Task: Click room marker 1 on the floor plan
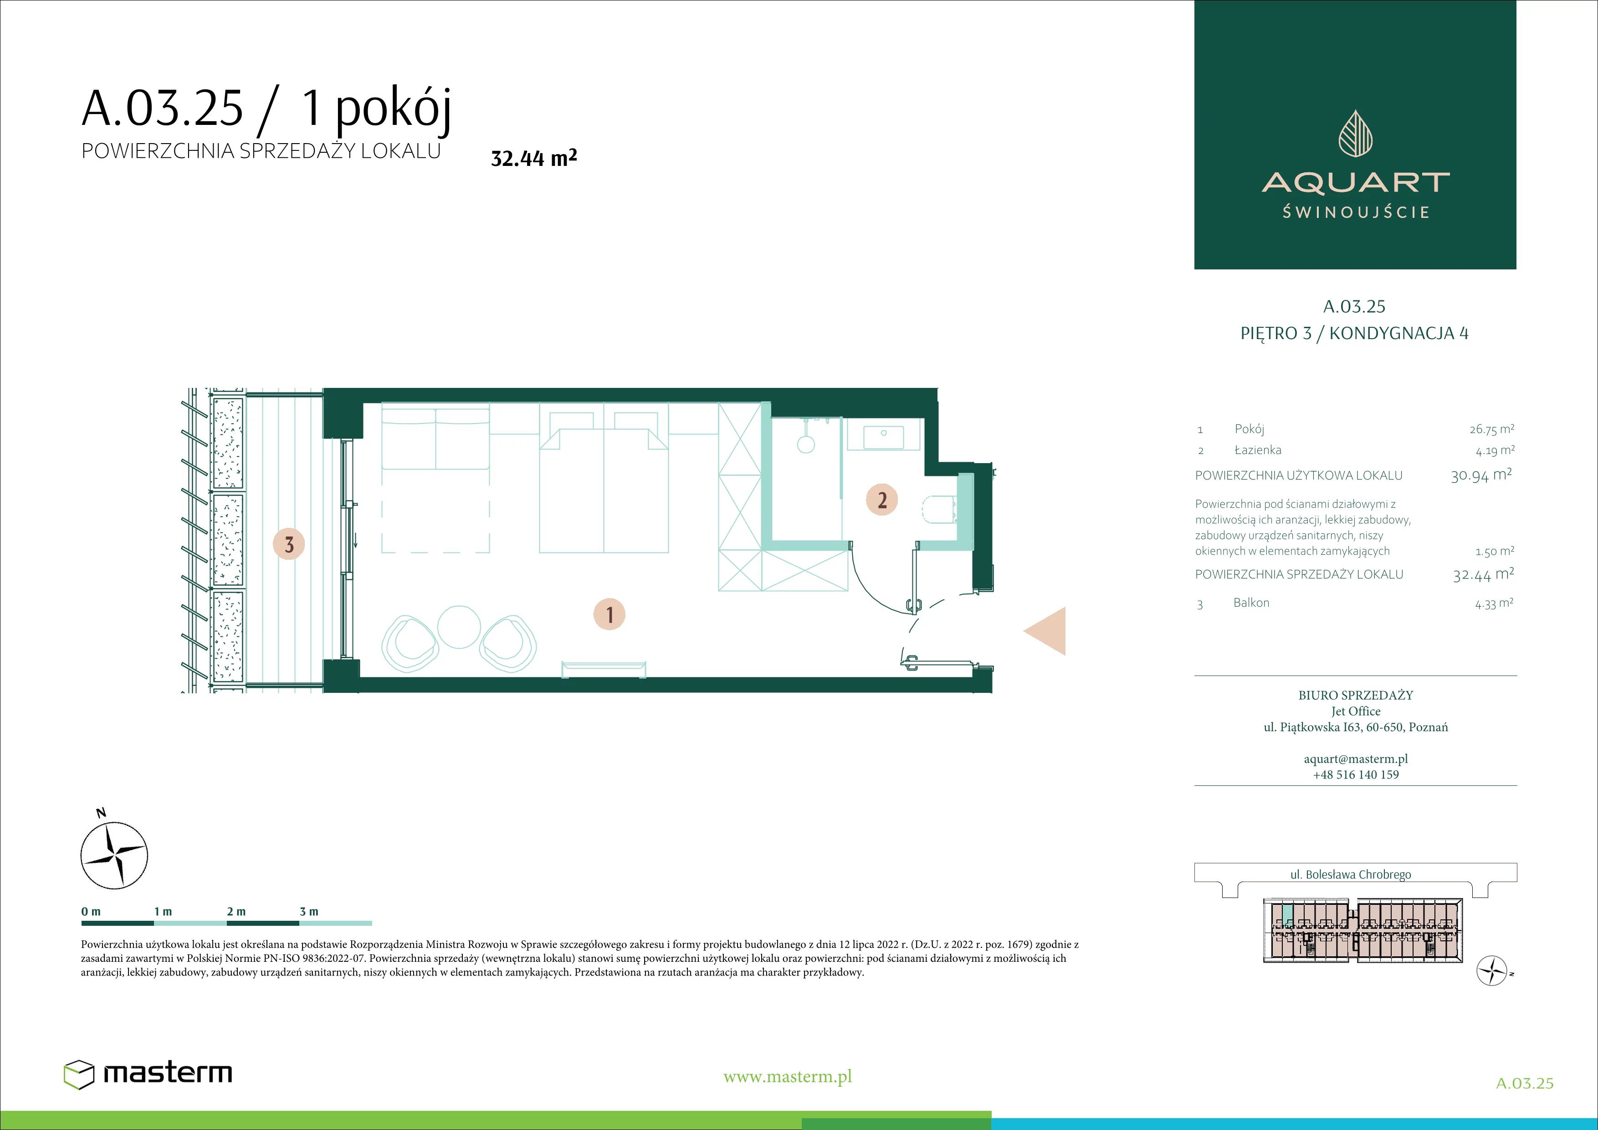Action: [609, 614]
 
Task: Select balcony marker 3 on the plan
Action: [289, 544]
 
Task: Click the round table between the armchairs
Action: [459, 627]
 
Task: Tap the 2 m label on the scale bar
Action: [236, 911]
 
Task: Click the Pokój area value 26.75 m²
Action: [1491, 429]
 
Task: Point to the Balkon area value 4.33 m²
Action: [1494, 603]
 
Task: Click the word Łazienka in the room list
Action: [1258, 450]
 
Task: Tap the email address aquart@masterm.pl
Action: [1356, 759]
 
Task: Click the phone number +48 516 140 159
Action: [1356, 774]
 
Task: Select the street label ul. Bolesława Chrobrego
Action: [1350, 874]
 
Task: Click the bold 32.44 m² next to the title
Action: [534, 157]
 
